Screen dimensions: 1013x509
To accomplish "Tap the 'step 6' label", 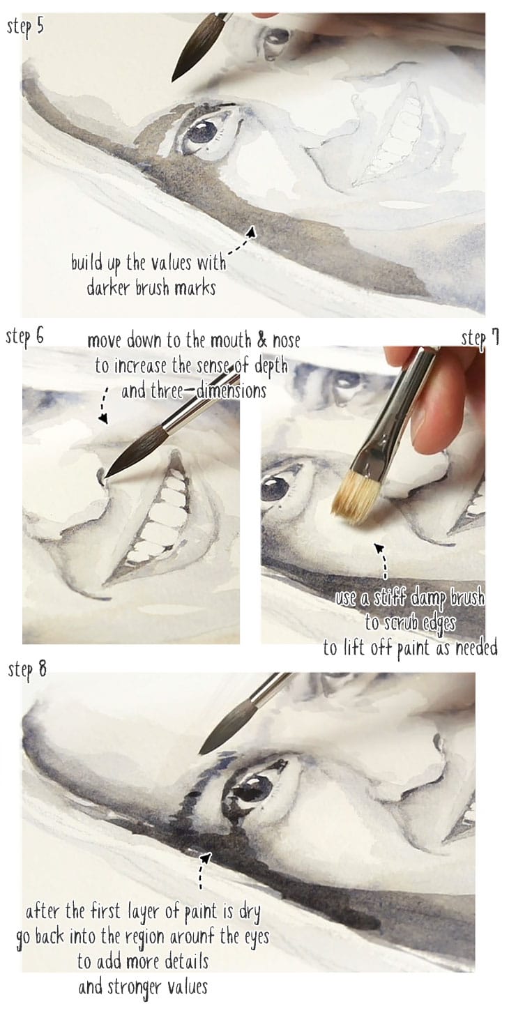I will pyautogui.click(x=25, y=335).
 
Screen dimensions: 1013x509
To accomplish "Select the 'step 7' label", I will pyautogui.click(x=480, y=339).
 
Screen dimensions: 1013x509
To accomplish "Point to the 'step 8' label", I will pyautogui.click(x=28, y=670).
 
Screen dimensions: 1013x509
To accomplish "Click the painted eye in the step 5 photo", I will pyautogui.click(x=204, y=130).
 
